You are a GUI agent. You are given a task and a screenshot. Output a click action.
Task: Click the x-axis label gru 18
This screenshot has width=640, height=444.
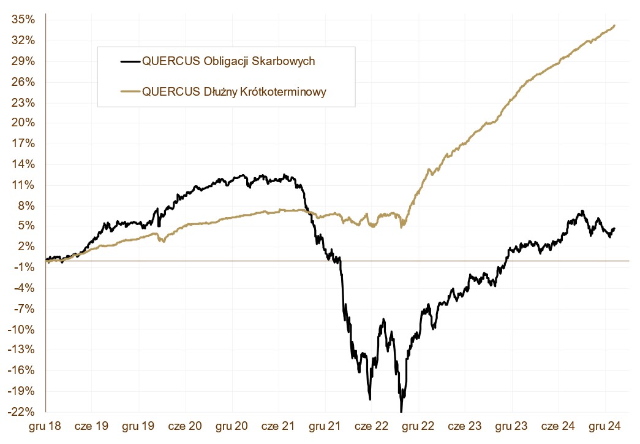click(x=46, y=424)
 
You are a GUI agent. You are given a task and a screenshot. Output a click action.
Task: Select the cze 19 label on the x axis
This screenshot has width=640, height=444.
click(x=92, y=424)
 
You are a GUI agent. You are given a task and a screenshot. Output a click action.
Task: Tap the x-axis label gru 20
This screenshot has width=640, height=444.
click(x=233, y=424)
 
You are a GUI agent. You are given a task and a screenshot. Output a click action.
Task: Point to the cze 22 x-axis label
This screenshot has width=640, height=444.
click(x=372, y=424)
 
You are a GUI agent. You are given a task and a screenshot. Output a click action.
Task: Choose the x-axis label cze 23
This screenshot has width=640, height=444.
click(x=465, y=424)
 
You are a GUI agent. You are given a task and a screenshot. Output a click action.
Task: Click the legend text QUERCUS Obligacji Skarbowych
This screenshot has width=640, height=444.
click(x=228, y=61)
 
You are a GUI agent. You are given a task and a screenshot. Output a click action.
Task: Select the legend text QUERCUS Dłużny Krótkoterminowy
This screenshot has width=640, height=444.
click(x=234, y=91)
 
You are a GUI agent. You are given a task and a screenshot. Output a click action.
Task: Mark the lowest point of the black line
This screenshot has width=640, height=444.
click(x=401, y=411)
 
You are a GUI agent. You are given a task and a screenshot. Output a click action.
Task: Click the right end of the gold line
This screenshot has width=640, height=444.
click(x=614, y=26)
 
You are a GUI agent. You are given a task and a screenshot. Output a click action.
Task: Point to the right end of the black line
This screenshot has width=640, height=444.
click(x=614, y=228)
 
